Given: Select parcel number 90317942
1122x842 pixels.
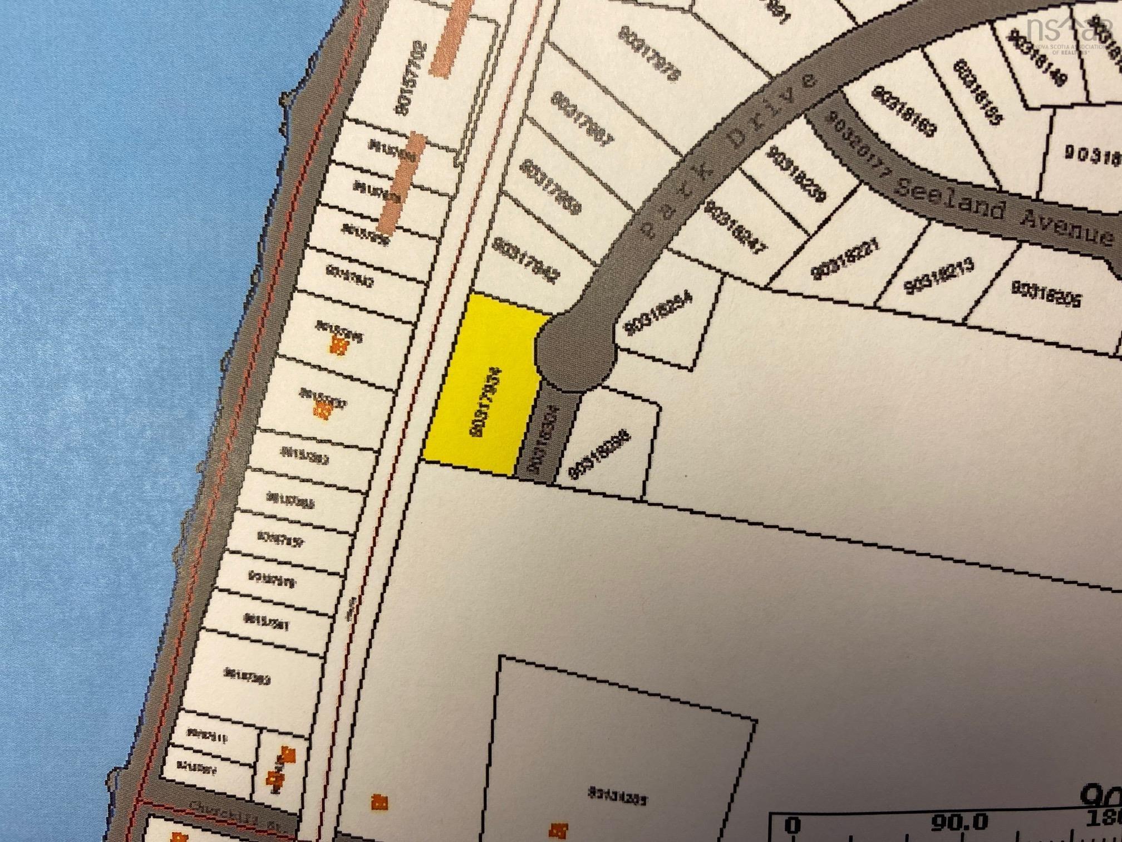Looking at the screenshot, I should tap(525, 261).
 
